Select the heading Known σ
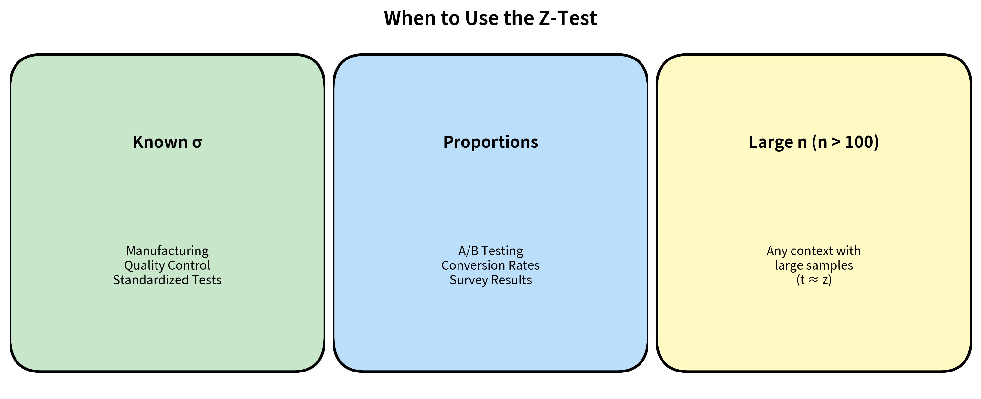coord(167,142)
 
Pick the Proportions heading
coord(490,142)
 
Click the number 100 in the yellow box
coord(859,142)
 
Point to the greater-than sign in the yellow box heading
coord(836,142)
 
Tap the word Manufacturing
coord(167,251)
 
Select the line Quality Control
coord(167,265)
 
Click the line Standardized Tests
coord(167,280)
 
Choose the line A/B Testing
coord(490,251)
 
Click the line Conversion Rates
coord(490,265)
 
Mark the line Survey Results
coord(490,280)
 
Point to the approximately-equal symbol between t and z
coord(814,280)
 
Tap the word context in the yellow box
coord(810,251)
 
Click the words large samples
coord(814,265)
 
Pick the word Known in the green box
coord(160,142)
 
